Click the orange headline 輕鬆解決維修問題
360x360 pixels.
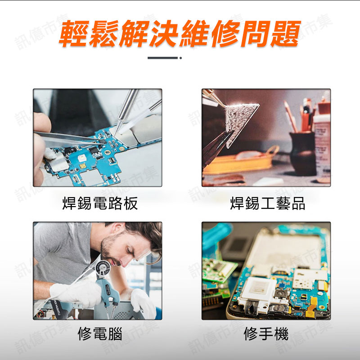coord(180,33)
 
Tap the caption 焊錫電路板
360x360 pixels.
coord(100,203)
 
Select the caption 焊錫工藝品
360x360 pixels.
coord(268,203)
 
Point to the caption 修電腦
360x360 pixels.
coord(100,333)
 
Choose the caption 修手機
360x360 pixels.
coord(266,333)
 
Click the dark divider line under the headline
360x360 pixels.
coord(162,58)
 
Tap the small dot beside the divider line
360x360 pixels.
coord(181,58)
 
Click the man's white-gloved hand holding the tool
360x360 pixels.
coord(76,294)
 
